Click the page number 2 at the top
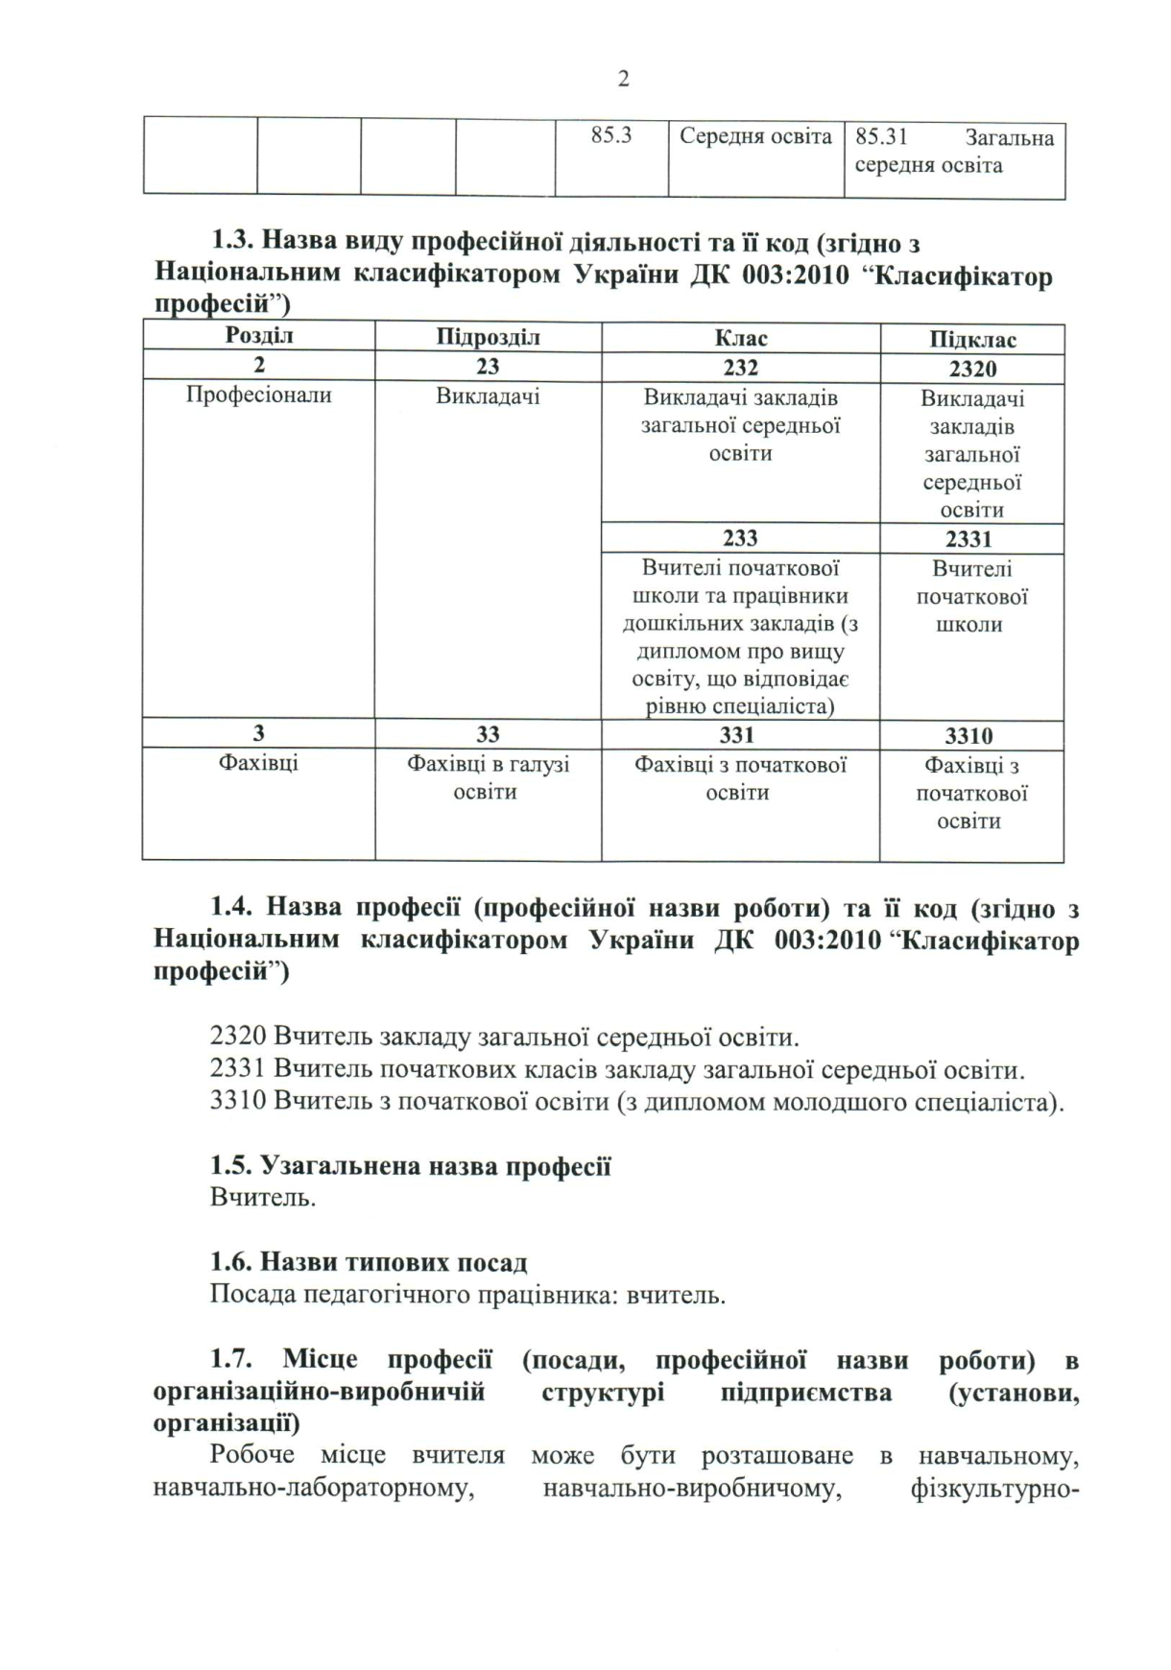(x=624, y=80)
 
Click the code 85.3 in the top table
(x=611, y=135)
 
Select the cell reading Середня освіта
(x=755, y=136)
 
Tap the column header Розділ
(x=259, y=336)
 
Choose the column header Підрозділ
(x=488, y=338)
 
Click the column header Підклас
(x=972, y=340)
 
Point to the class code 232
(x=740, y=368)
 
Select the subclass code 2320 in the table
(x=972, y=370)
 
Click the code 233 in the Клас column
(x=740, y=538)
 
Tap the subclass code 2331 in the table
(x=968, y=539)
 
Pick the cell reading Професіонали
(x=259, y=395)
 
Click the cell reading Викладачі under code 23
(x=488, y=396)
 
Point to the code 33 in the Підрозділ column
(x=488, y=735)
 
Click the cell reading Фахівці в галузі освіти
(x=488, y=778)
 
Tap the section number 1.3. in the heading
(x=232, y=243)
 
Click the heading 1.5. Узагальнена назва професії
(x=411, y=1166)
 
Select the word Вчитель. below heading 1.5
(x=262, y=1198)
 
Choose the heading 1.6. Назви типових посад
(x=369, y=1263)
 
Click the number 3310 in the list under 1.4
(x=237, y=1101)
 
